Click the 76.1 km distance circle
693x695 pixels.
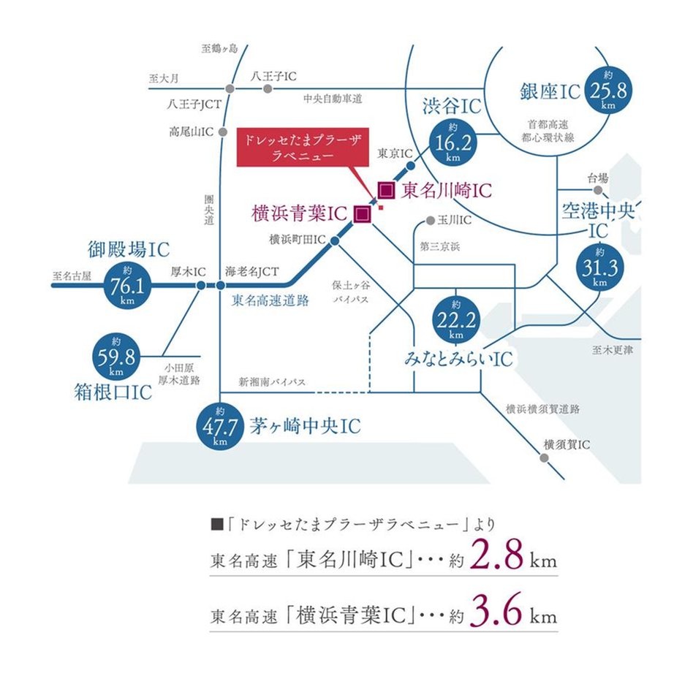pos(127,284)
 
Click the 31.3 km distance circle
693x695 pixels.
pos(600,267)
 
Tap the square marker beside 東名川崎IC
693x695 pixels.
pos(387,191)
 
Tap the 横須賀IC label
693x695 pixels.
pos(567,444)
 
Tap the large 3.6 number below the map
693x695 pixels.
pos(496,612)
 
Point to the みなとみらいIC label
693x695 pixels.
pos(458,359)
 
